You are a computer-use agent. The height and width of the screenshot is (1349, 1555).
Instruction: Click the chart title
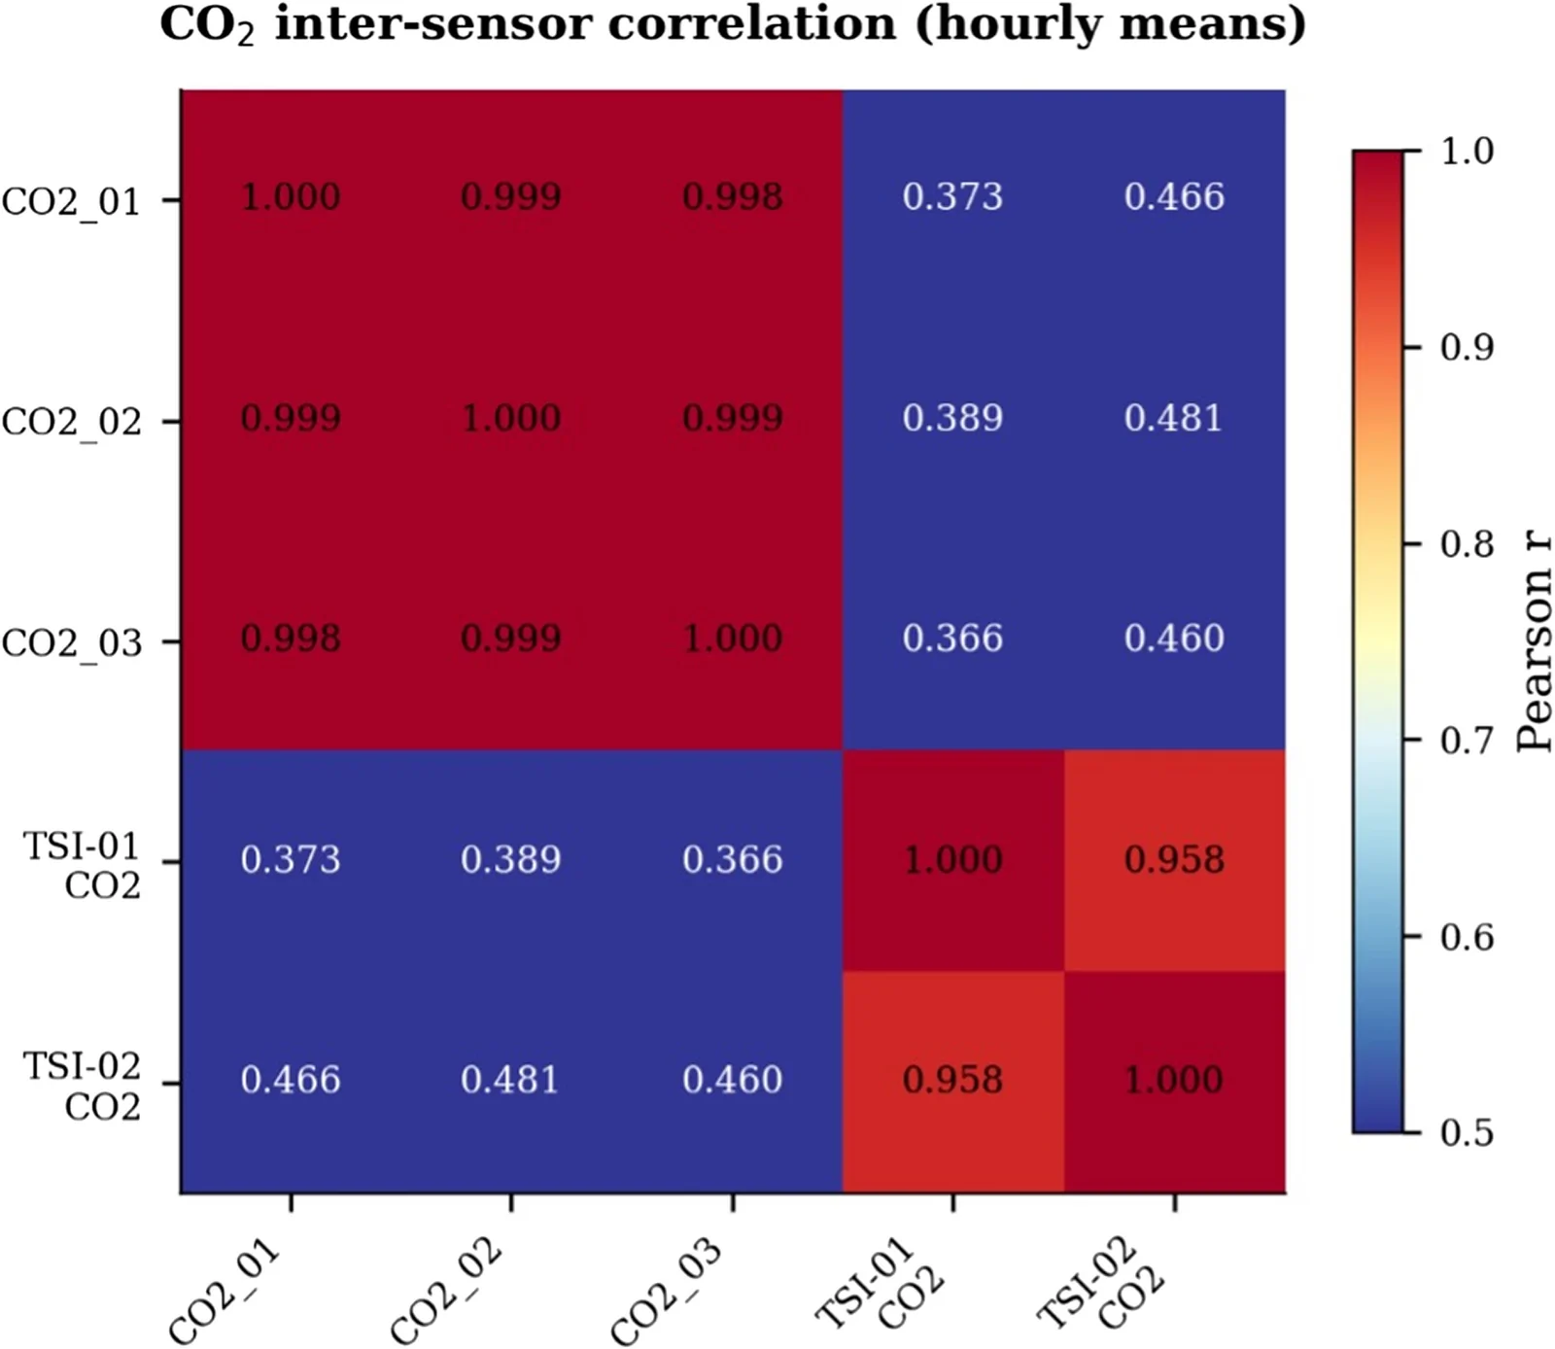point(733,24)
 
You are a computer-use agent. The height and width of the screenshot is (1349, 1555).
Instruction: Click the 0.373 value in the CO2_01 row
point(952,197)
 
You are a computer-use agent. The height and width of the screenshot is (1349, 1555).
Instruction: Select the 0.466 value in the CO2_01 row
point(1174,197)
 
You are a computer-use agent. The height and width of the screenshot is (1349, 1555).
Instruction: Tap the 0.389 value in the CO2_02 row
point(952,419)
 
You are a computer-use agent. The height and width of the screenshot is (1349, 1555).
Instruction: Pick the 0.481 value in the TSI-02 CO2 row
point(510,1081)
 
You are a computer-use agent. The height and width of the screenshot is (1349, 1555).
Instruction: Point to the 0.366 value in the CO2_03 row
point(952,640)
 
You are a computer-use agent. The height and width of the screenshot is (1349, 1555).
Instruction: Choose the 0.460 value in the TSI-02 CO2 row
point(732,1081)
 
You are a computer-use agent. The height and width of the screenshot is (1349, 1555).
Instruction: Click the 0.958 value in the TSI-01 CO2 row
point(1174,860)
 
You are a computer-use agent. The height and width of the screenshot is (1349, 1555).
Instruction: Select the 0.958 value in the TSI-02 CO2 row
point(952,1081)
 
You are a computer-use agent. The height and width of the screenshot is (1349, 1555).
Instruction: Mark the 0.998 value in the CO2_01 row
point(732,197)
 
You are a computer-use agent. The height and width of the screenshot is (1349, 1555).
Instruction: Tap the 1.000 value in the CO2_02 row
point(510,419)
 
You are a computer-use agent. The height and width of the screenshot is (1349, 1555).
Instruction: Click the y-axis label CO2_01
point(72,202)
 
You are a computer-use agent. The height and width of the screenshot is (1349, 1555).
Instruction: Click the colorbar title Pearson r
point(1534,641)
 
